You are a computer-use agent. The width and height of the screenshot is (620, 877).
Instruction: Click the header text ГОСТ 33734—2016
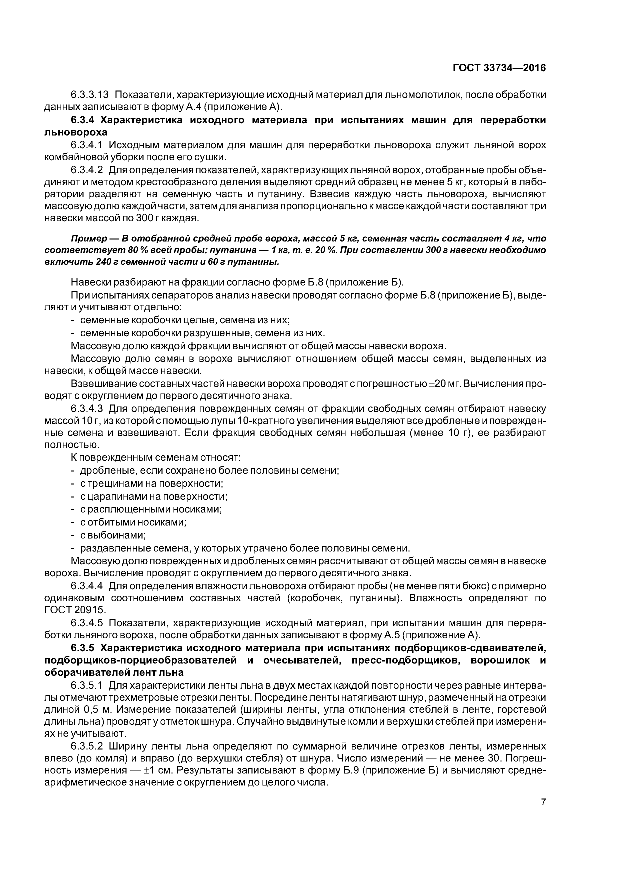point(499,68)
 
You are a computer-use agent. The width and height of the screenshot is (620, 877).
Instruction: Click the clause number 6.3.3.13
point(90,94)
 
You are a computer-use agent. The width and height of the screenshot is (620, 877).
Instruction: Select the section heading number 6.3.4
point(83,120)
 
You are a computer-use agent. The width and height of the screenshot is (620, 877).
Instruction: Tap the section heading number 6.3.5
point(83,648)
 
